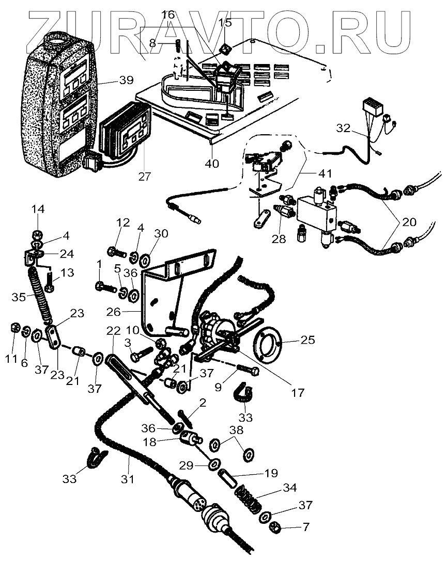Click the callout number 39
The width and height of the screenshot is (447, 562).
pyautogui.click(x=126, y=81)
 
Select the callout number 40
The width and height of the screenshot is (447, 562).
pyautogui.click(x=212, y=164)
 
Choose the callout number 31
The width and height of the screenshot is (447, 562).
pyautogui.click(x=128, y=479)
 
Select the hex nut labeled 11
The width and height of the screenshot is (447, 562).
pyautogui.click(x=15, y=328)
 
